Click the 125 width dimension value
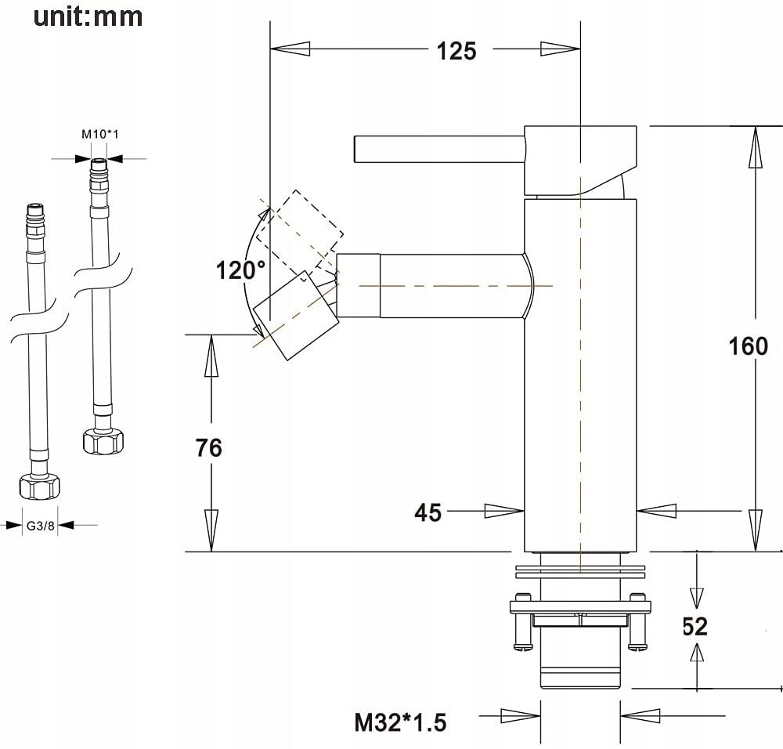point(456,51)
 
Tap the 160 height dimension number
point(748,346)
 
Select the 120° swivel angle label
point(240,270)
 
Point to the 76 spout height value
point(209,447)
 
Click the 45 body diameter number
point(428,512)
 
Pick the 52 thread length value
point(695,627)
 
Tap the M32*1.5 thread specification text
point(400,722)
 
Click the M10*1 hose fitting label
point(100,134)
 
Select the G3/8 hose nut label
point(40,526)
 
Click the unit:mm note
point(88,17)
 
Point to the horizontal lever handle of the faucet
point(439,149)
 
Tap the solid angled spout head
point(297,316)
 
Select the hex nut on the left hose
point(39,487)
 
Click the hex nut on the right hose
point(103,441)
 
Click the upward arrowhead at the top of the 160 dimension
point(755,147)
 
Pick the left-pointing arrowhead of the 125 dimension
point(290,49)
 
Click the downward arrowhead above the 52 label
point(697,598)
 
